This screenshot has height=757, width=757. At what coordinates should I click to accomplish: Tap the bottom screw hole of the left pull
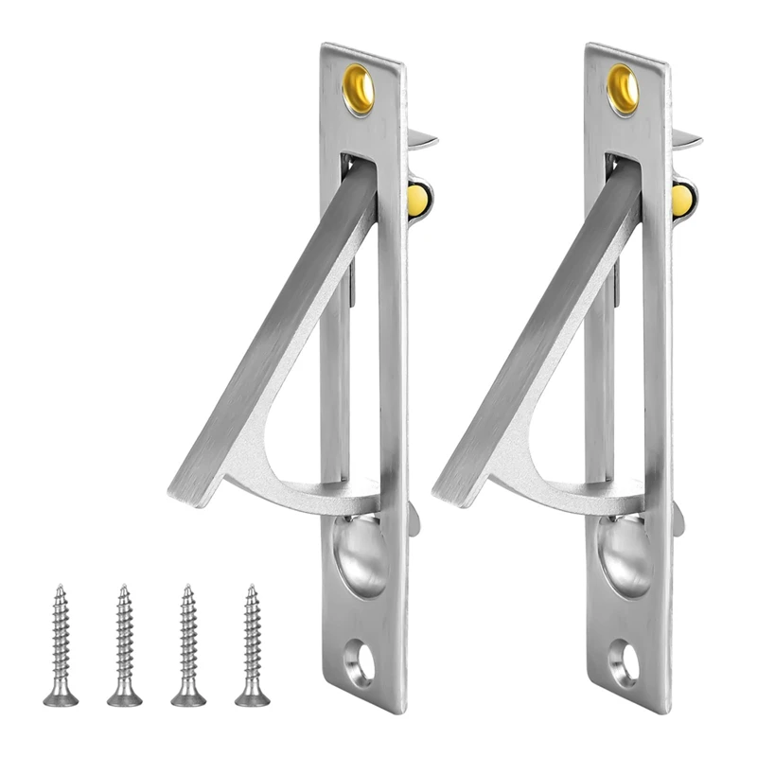click(x=360, y=656)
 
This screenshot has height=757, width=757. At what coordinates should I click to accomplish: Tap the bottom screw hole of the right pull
click(x=624, y=656)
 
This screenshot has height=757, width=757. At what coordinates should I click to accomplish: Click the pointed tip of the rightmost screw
click(x=251, y=589)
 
